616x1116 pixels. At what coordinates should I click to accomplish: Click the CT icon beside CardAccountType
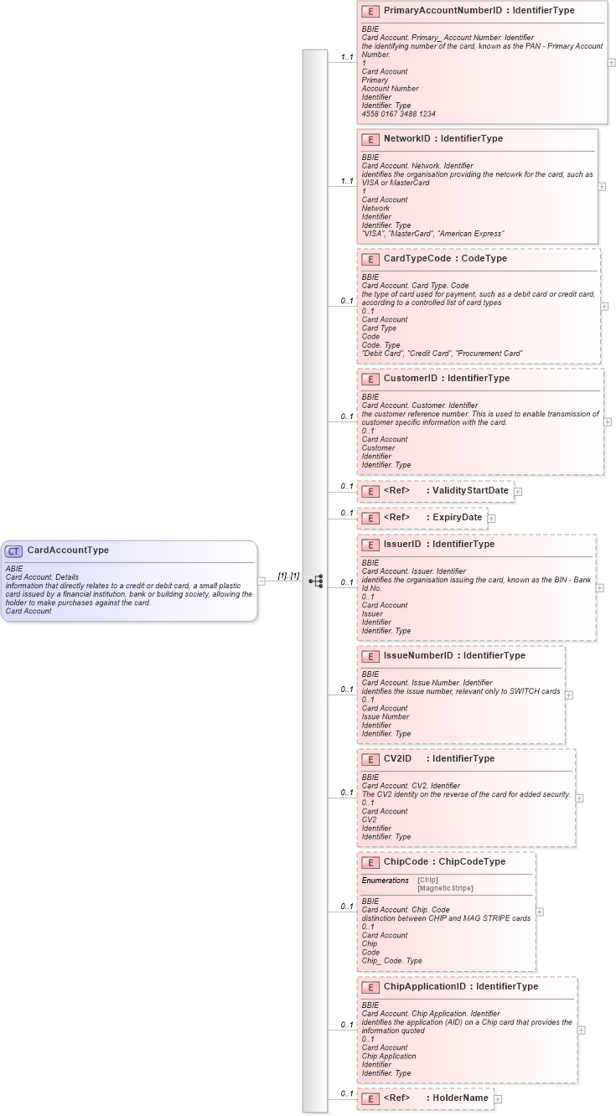[13, 551]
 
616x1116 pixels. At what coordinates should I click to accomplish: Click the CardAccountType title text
[68, 550]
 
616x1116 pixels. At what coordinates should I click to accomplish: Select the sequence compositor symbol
[316, 581]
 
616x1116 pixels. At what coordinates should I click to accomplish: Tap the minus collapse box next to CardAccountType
[262, 581]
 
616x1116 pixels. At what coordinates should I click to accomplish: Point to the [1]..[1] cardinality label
[288, 576]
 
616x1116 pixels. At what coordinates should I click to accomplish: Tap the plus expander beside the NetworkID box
[602, 187]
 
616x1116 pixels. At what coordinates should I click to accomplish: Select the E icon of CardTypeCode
[370, 259]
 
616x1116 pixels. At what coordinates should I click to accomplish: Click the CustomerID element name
[412, 379]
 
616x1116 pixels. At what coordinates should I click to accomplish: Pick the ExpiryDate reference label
[458, 517]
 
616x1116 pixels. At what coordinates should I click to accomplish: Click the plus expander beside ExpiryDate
[492, 519]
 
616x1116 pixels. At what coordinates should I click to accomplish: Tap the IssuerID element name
[402, 545]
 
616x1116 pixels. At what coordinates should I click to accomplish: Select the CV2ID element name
[397, 758]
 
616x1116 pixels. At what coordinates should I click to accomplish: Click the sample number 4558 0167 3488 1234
[398, 114]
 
